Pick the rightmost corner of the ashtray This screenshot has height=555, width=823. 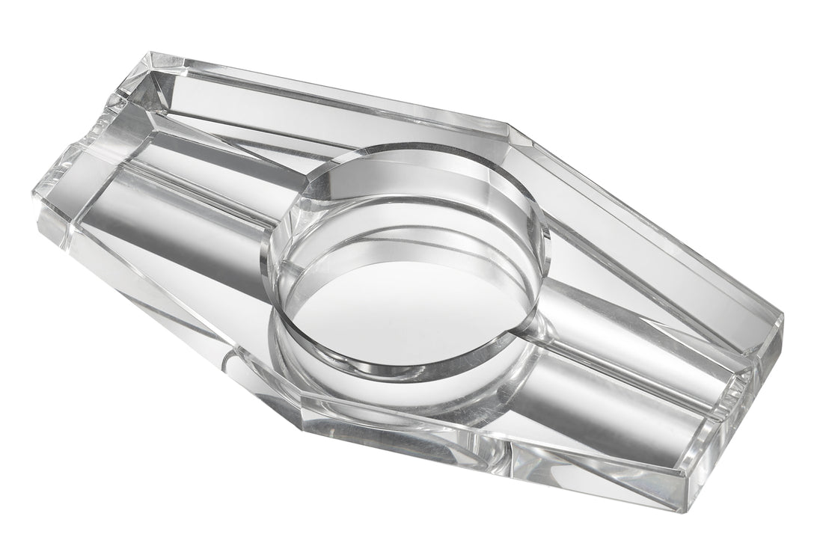point(783,318)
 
